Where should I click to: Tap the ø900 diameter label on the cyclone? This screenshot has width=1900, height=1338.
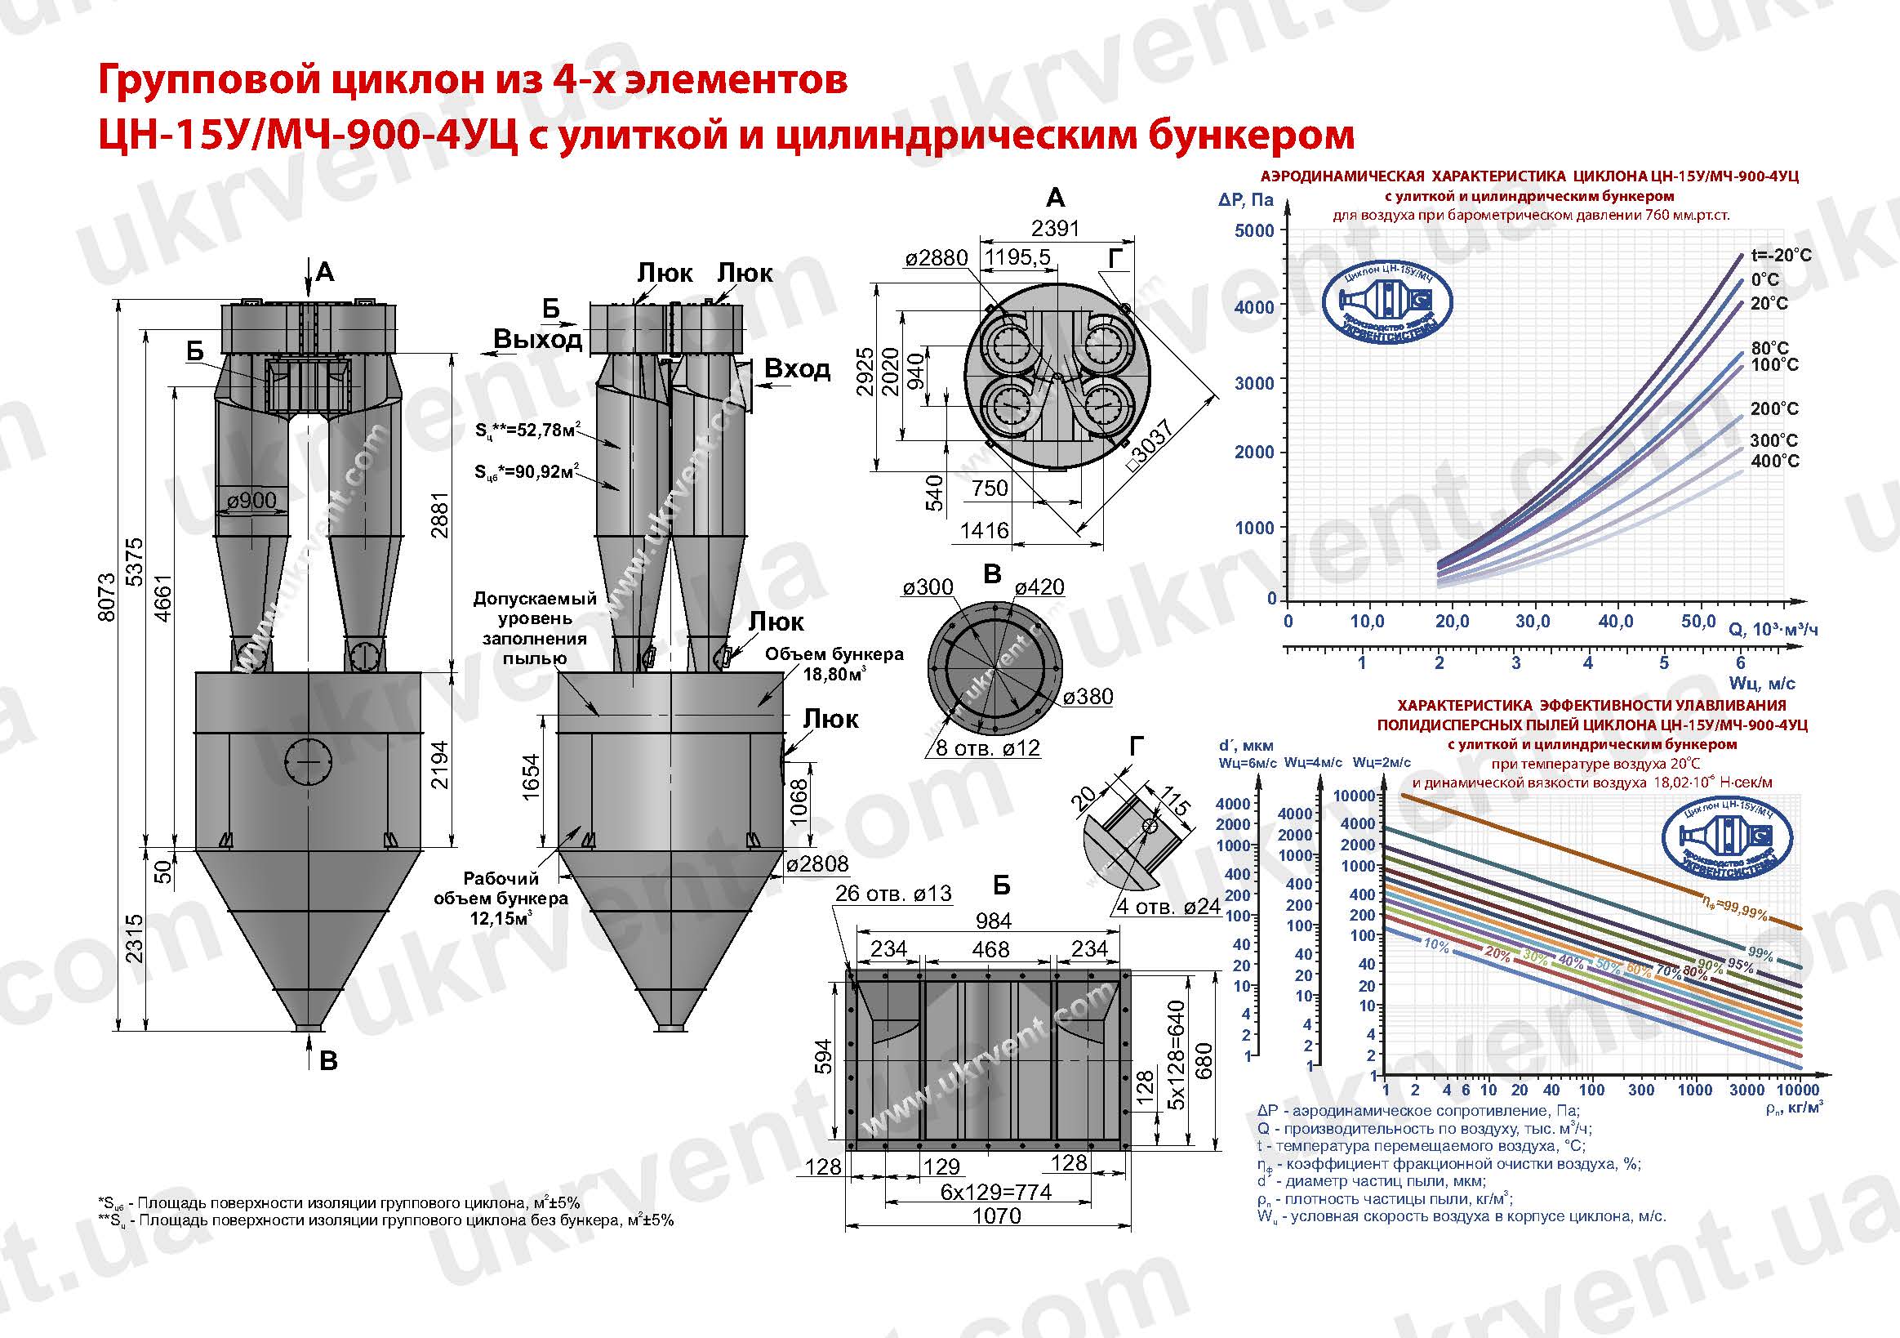click(251, 500)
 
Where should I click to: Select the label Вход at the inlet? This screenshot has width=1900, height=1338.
click(796, 369)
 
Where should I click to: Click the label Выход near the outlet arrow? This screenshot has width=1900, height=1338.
click(538, 340)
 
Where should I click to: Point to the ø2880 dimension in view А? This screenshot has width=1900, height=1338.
click(936, 258)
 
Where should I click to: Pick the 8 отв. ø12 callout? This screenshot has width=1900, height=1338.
click(986, 748)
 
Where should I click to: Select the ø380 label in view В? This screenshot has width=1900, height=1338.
click(1088, 697)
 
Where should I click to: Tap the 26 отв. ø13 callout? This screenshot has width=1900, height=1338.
click(893, 894)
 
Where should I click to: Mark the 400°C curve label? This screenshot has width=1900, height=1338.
click(1774, 462)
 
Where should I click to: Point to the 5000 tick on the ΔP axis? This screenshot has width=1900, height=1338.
click(1254, 231)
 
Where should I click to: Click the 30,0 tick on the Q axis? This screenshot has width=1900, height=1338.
click(1533, 622)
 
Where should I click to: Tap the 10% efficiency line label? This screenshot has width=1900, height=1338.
click(1436, 945)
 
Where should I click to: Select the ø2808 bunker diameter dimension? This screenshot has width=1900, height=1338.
click(817, 864)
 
